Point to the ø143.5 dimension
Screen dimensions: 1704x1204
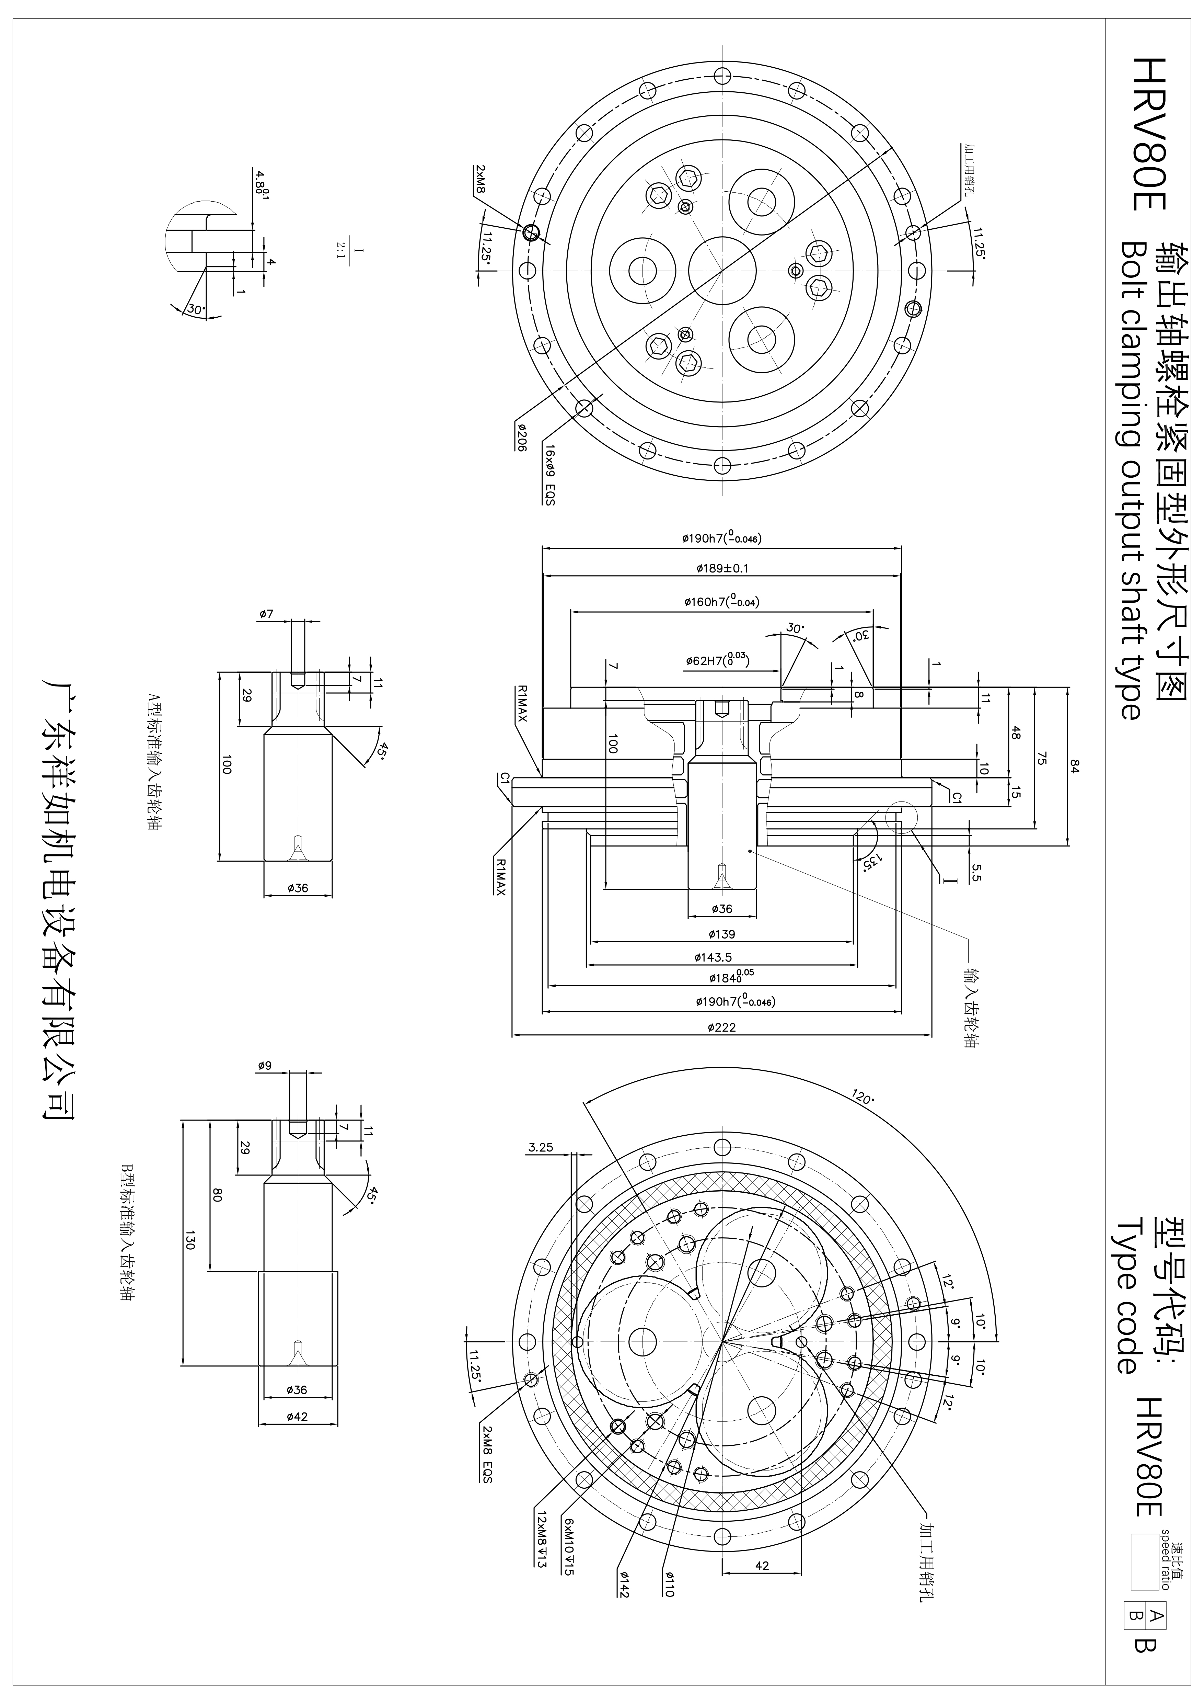[713, 957]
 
